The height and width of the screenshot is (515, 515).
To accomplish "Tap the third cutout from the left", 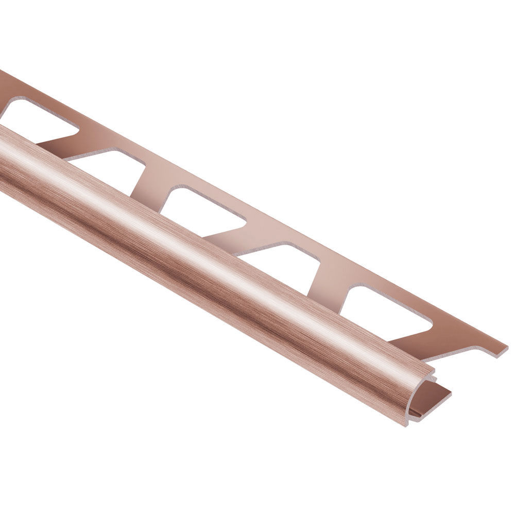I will [206, 211].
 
